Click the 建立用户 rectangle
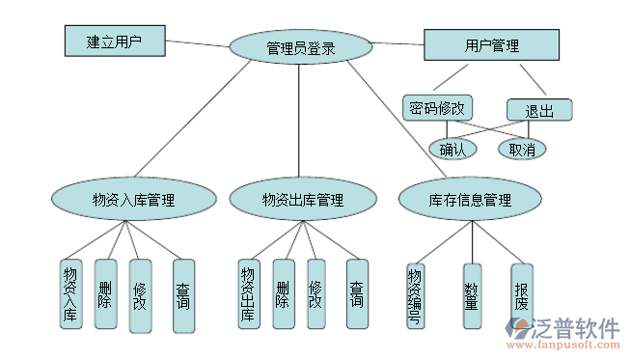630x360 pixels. click(114, 42)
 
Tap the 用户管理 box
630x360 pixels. click(490, 45)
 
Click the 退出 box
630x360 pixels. click(539, 110)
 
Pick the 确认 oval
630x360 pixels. click(452, 149)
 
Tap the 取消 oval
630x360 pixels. click(522, 149)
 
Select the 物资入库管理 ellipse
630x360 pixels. click(133, 200)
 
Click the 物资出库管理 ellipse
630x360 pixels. click(302, 200)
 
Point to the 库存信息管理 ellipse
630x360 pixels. click(470, 200)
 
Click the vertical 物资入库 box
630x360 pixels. click(70, 295)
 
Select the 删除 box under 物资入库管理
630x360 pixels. click(105, 293)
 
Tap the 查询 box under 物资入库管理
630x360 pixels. click(183, 295)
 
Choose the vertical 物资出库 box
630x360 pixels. click(248, 295)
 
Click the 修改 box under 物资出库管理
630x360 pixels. click(315, 293)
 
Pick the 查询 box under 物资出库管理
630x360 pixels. click(357, 295)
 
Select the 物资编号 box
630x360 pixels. click(415, 295)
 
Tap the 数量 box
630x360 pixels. click(472, 295)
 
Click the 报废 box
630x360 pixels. click(521, 295)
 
